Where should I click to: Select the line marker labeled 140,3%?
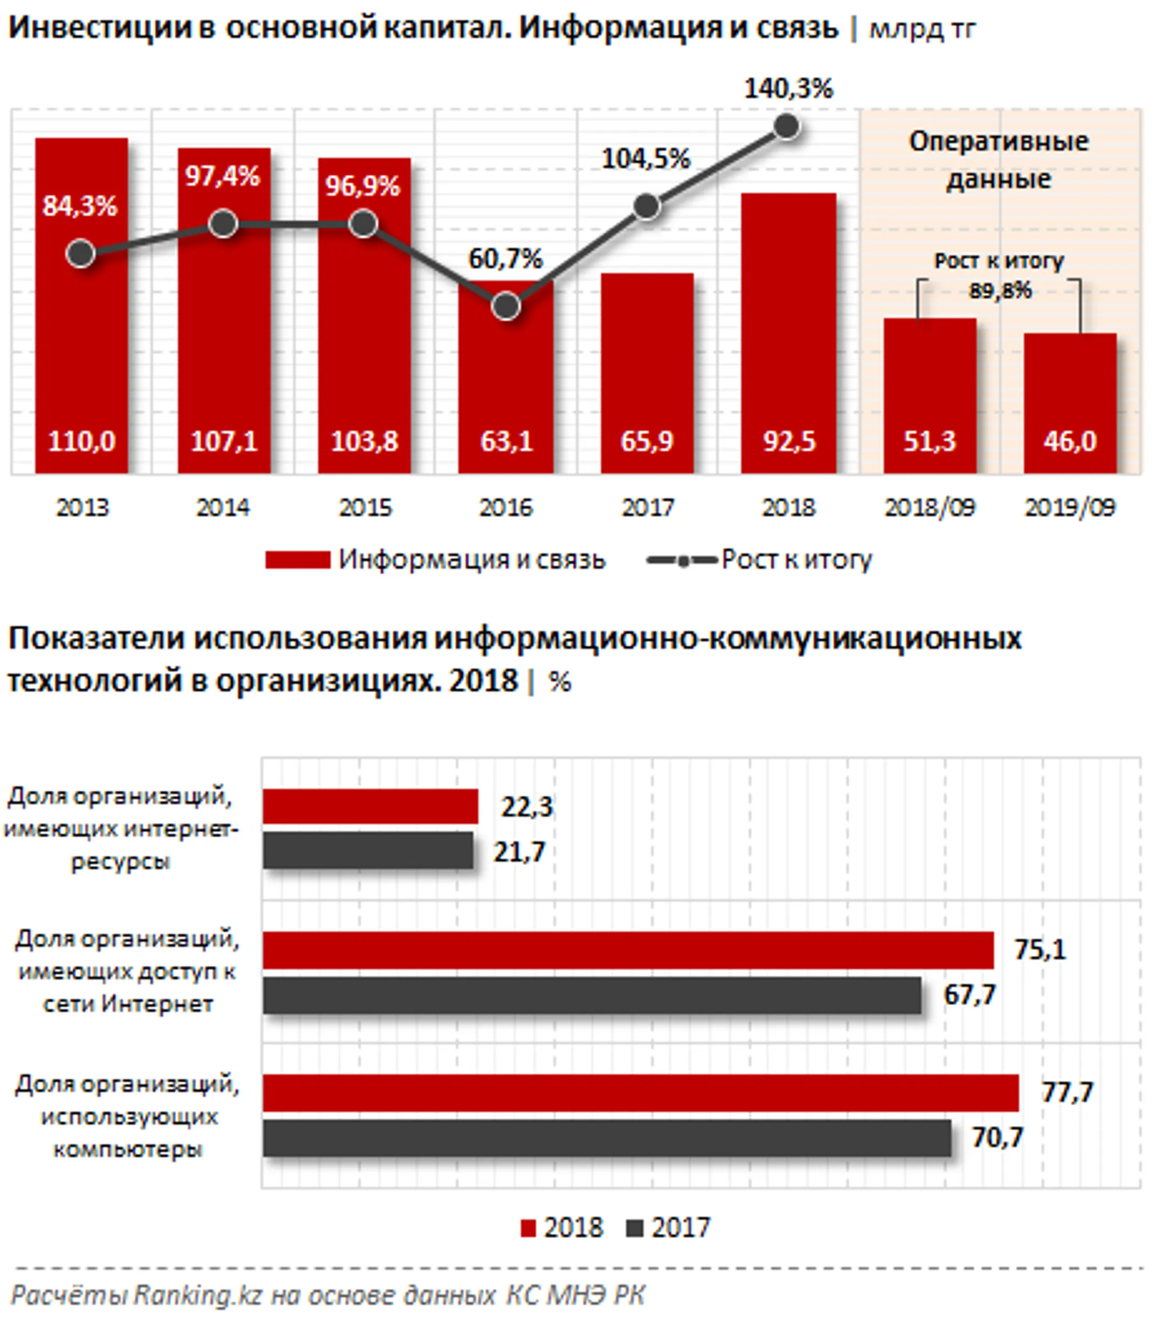click(786, 127)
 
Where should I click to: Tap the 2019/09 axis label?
click(1069, 508)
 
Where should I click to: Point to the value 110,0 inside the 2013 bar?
click(81, 441)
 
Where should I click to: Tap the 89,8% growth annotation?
click(999, 290)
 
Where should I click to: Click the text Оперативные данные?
click(998, 160)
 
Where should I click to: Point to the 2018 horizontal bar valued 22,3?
click(370, 806)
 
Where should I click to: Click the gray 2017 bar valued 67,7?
click(591, 995)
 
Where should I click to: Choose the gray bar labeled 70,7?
click(606, 1137)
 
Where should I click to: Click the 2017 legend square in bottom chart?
click(634, 1228)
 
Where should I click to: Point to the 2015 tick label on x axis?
click(365, 508)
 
